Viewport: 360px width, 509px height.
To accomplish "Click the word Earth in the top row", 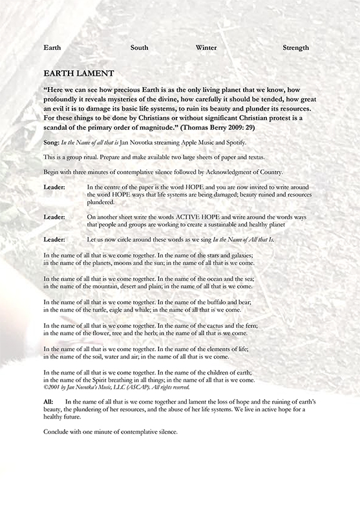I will pyautogui.click(x=53, y=47).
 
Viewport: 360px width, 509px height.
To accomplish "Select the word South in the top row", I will pyautogui.click(x=140, y=47).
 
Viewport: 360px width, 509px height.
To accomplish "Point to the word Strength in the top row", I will pyautogui.click(x=296, y=47).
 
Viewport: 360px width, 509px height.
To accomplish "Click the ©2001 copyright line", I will pyautogui.click(x=116, y=387).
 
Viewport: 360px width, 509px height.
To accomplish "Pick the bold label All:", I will pyautogui.click(x=49, y=402).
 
